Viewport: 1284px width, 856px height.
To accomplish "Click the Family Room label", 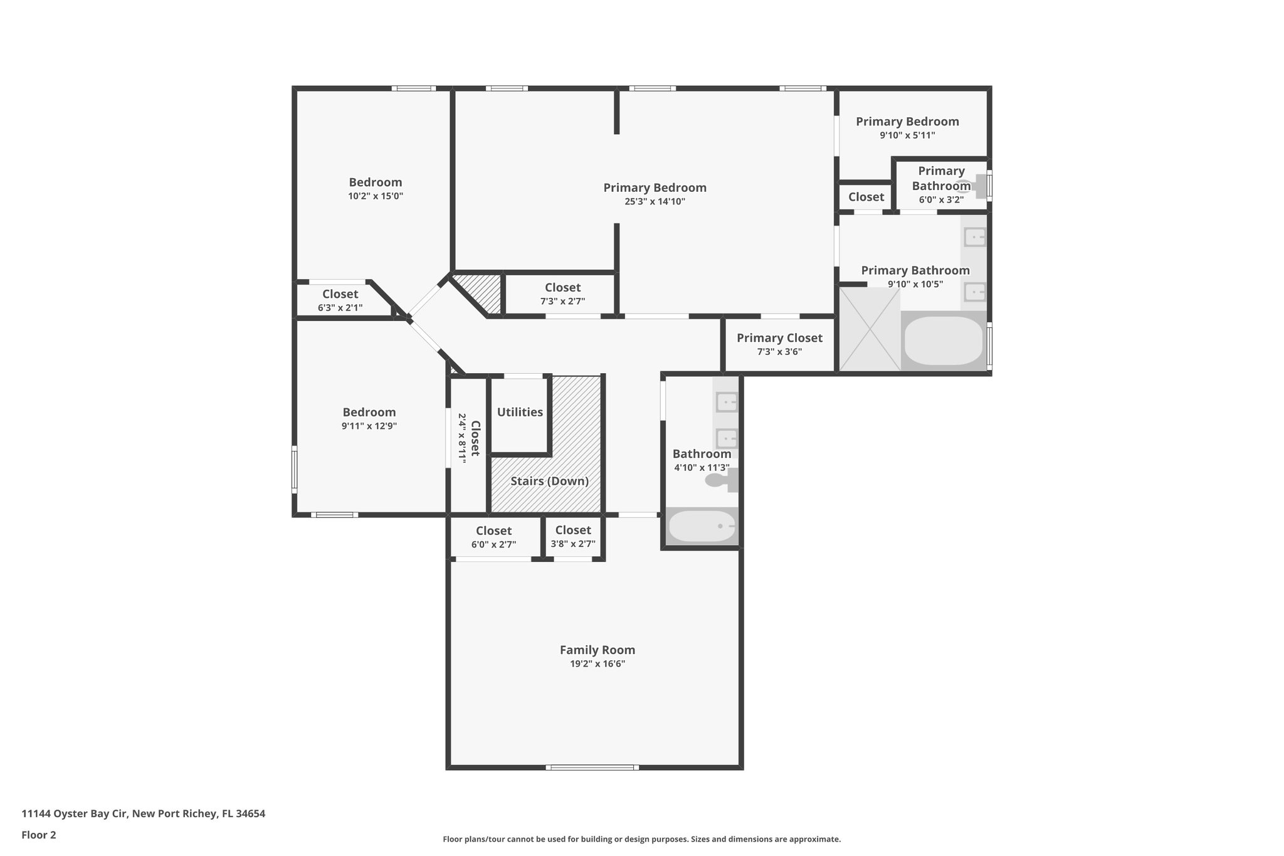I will [x=597, y=650].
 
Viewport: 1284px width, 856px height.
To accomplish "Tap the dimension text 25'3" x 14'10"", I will [x=655, y=202].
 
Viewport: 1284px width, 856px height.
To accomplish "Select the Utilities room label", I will [x=520, y=412].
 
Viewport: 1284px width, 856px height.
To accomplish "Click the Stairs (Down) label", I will [x=549, y=481].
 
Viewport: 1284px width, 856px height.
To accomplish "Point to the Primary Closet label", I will [x=779, y=338].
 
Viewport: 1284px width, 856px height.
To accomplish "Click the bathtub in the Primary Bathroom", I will [x=943, y=341].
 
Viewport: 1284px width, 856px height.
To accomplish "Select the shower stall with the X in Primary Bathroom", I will [x=869, y=329].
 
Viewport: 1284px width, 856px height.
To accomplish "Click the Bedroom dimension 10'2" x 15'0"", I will [x=376, y=196].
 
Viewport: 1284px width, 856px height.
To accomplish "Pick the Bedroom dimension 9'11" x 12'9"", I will [x=369, y=426].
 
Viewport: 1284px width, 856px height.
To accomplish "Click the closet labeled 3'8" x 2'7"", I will [x=572, y=537].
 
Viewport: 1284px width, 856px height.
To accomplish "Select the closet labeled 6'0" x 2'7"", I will [x=493, y=537].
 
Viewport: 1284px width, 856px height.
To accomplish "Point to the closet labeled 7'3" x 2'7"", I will [x=562, y=293].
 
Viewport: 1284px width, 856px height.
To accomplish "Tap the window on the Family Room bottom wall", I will [x=592, y=767].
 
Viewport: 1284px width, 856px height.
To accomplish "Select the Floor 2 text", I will [x=39, y=835].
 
